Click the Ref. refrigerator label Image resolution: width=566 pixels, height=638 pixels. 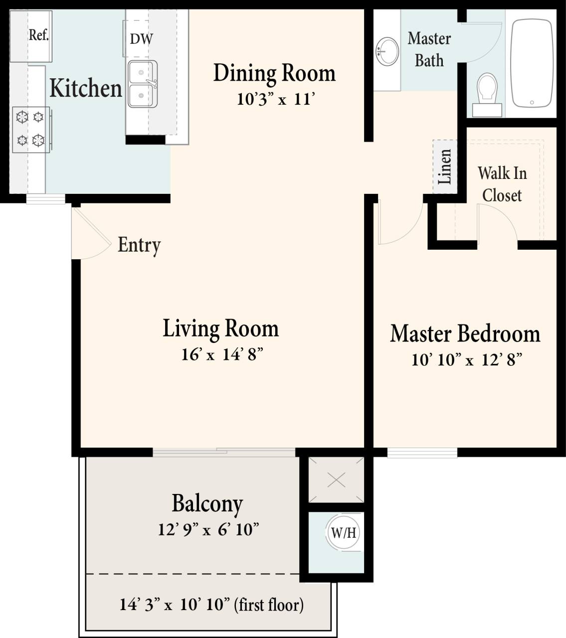point(38,35)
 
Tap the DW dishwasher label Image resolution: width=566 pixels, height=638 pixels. point(141,39)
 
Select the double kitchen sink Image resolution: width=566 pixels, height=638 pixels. point(143,84)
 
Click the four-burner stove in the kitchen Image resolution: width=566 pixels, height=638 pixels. point(31,130)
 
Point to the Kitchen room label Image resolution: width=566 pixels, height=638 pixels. point(85,88)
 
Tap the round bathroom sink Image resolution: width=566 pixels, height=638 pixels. point(387,51)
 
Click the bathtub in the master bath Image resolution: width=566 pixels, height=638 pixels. point(532,63)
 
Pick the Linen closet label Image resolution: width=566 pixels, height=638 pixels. point(444,166)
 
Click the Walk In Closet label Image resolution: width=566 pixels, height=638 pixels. point(502,184)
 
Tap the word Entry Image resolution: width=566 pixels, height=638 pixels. point(139,245)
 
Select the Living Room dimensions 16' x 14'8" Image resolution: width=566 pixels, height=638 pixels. point(222,354)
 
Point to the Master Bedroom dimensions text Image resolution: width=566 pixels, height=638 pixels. point(466,359)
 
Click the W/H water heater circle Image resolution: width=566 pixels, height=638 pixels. point(344,533)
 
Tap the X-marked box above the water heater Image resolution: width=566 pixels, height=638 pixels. point(337,480)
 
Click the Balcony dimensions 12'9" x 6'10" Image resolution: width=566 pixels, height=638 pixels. point(208,529)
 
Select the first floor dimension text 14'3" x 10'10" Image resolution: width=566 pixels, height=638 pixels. point(211,605)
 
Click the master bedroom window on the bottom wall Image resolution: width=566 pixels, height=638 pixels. point(422,453)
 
